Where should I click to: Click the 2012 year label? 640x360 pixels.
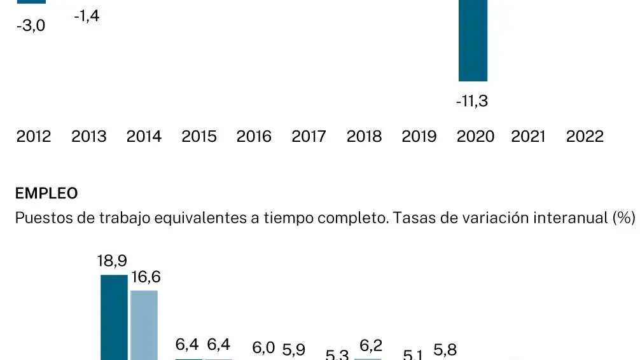[x=34, y=137]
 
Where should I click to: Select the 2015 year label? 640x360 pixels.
[x=199, y=137]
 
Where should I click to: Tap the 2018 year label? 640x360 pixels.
[x=364, y=137]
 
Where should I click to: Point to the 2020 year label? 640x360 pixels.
[x=475, y=137]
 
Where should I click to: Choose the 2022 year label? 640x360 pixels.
[x=585, y=137]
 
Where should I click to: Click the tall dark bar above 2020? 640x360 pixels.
[x=473, y=41]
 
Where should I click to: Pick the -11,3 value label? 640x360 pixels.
[x=472, y=101]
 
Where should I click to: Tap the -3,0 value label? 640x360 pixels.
[x=31, y=27]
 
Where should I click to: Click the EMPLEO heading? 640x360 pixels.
[x=46, y=193]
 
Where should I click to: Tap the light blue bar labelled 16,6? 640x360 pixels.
[x=144, y=324]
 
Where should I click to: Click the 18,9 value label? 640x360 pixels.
[x=113, y=261]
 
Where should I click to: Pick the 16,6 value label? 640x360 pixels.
[x=146, y=277]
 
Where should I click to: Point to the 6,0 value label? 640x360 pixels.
[x=263, y=348]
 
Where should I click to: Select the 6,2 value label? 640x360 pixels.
[x=371, y=346]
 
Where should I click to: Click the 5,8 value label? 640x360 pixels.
[x=445, y=350]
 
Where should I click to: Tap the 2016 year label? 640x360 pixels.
[x=254, y=137]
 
